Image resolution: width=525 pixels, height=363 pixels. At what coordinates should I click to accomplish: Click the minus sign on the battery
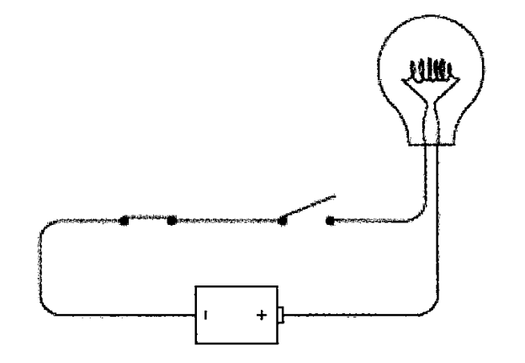[x=204, y=317]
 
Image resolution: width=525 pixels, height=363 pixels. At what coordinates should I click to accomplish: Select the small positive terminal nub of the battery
[x=284, y=317]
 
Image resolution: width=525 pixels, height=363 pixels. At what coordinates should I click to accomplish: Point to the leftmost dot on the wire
[x=124, y=221]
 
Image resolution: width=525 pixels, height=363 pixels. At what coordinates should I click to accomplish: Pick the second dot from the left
[x=172, y=221]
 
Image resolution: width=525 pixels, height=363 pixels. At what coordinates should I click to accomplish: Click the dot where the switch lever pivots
[x=283, y=222]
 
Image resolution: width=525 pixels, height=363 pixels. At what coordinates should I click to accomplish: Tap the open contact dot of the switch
[x=329, y=222]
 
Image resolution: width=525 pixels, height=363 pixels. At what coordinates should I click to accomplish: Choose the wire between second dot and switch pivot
[x=227, y=221]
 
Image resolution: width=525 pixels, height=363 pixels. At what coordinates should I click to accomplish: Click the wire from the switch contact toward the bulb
[x=370, y=222]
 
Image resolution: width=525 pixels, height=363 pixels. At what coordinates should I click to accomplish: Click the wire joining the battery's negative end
[x=126, y=316]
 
